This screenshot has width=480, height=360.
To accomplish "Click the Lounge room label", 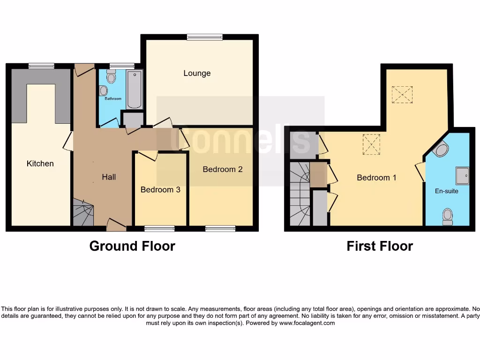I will (197, 73).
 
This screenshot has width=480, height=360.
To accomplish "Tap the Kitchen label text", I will (40, 164).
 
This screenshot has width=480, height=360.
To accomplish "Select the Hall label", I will (109, 177).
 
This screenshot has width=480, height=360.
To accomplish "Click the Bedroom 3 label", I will (160, 190).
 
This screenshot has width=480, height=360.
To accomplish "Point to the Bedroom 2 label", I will (223, 169).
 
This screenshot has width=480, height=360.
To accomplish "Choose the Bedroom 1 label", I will (376, 178).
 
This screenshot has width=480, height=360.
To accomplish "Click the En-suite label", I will (447, 191).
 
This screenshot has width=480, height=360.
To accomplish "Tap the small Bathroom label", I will (113, 99).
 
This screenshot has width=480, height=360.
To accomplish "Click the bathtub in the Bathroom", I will (134, 89).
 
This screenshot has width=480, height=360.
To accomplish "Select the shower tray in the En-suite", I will (462, 175).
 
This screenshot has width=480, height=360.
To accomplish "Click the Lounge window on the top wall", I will (198, 37).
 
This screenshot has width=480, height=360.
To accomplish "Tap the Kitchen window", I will (41, 66).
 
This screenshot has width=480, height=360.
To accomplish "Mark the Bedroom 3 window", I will (159, 229).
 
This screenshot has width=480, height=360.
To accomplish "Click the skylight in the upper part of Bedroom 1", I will (402, 94).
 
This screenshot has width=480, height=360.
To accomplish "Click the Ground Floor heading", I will (132, 246).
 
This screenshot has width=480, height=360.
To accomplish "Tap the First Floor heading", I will (380, 246).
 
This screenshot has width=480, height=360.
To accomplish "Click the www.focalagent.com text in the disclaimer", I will (307, 323).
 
